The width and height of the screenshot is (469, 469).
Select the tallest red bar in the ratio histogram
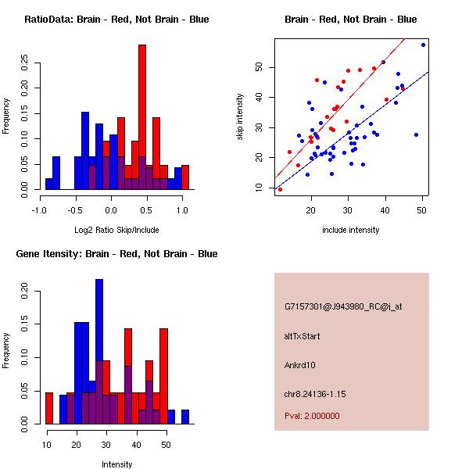(x=142, y=117)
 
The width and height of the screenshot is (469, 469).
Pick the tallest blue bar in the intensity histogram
(x=99, y=352)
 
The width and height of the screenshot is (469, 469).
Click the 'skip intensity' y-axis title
(x=240, y=117)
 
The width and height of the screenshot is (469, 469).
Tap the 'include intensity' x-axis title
(x=351, y=230)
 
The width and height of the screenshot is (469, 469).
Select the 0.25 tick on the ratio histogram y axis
(x=25, y=63)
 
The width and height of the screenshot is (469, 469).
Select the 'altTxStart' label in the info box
(x=303, y=336)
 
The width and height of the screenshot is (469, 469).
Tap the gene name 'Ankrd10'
(x=300, y=365)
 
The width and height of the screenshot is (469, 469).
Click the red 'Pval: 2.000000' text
(x=311, y=416)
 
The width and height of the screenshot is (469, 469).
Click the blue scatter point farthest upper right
(x=423, y=45)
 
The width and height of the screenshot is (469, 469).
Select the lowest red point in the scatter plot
(x=280, y=189)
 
